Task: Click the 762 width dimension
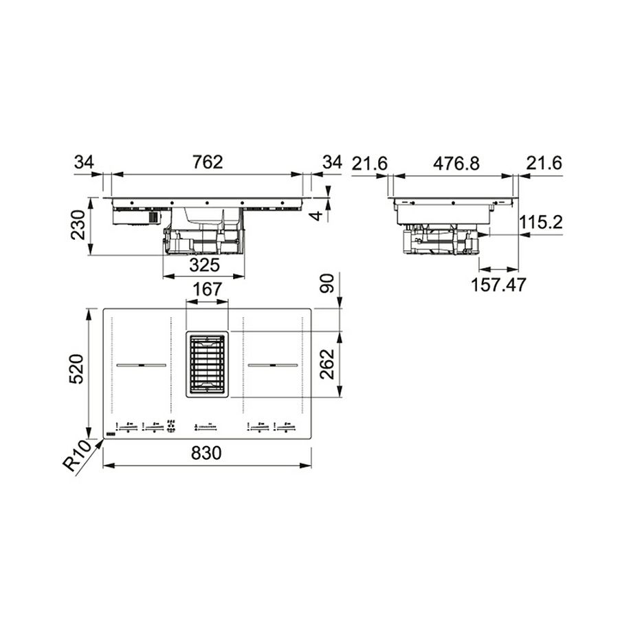208,162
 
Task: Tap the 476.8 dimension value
456,163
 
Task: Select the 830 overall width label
206,453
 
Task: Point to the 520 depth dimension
76,369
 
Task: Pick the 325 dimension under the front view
204,265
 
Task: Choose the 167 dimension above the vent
207,289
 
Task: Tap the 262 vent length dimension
327,364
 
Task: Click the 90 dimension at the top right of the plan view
327,283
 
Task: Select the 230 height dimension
78,225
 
